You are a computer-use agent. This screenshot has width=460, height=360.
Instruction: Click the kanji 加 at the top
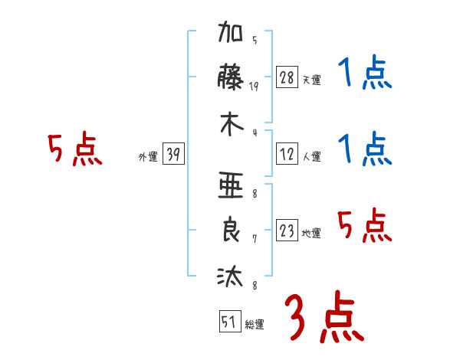[230, 31]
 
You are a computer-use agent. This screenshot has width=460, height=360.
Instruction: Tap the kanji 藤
[230, 77]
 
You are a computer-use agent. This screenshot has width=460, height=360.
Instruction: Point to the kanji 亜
[231, 185]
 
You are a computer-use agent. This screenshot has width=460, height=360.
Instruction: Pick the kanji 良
[231, 229]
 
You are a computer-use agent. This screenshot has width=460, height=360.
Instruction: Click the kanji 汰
[230, 276]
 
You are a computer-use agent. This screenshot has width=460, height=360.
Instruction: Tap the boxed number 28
[287, 77]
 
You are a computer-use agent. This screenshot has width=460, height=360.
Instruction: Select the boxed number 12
[287, 154]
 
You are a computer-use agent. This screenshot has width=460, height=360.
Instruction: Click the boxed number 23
[287, 230]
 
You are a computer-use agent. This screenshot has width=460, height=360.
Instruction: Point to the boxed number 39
[173, 153]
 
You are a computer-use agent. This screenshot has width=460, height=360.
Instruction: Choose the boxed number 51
[230, 321]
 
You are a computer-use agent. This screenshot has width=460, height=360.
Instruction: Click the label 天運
[311, 80]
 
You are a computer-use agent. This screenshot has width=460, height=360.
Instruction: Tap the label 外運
[148, 156]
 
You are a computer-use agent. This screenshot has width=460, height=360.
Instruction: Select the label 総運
[255, 324]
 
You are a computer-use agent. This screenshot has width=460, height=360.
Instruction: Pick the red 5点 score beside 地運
[364, 225]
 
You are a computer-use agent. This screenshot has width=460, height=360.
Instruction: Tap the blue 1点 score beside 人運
[365, 149]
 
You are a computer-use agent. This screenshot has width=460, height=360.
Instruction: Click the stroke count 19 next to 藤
[254, 87]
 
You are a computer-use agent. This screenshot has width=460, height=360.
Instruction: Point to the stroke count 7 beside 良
[255, 239]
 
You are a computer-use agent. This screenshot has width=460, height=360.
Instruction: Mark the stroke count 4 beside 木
[255, 133]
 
